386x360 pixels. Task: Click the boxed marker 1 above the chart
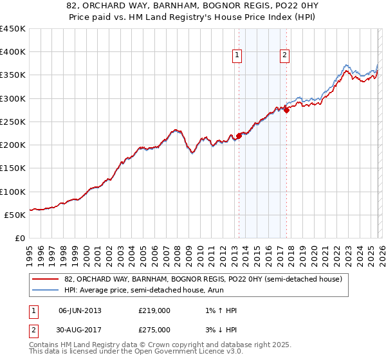238,56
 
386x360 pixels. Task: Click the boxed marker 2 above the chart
284,56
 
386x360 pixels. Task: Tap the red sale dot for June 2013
239,136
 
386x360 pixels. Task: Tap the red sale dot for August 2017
287,110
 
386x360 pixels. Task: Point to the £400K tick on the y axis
13,52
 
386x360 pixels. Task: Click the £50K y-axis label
15,215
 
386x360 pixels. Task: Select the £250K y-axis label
13,122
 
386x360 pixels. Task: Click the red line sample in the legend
46,279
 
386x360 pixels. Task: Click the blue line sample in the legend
46,291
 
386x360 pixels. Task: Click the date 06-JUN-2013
80,310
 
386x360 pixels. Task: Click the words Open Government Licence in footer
176,352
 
